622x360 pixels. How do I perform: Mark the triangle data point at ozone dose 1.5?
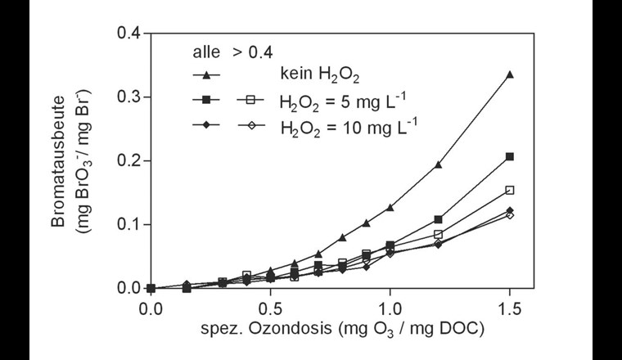[x=509, y=74]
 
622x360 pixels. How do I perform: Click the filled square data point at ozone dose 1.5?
[x=509, y=156]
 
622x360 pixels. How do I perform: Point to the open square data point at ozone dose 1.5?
[x=509, y=190]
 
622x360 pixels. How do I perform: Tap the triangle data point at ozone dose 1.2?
[x=438, y=164]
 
